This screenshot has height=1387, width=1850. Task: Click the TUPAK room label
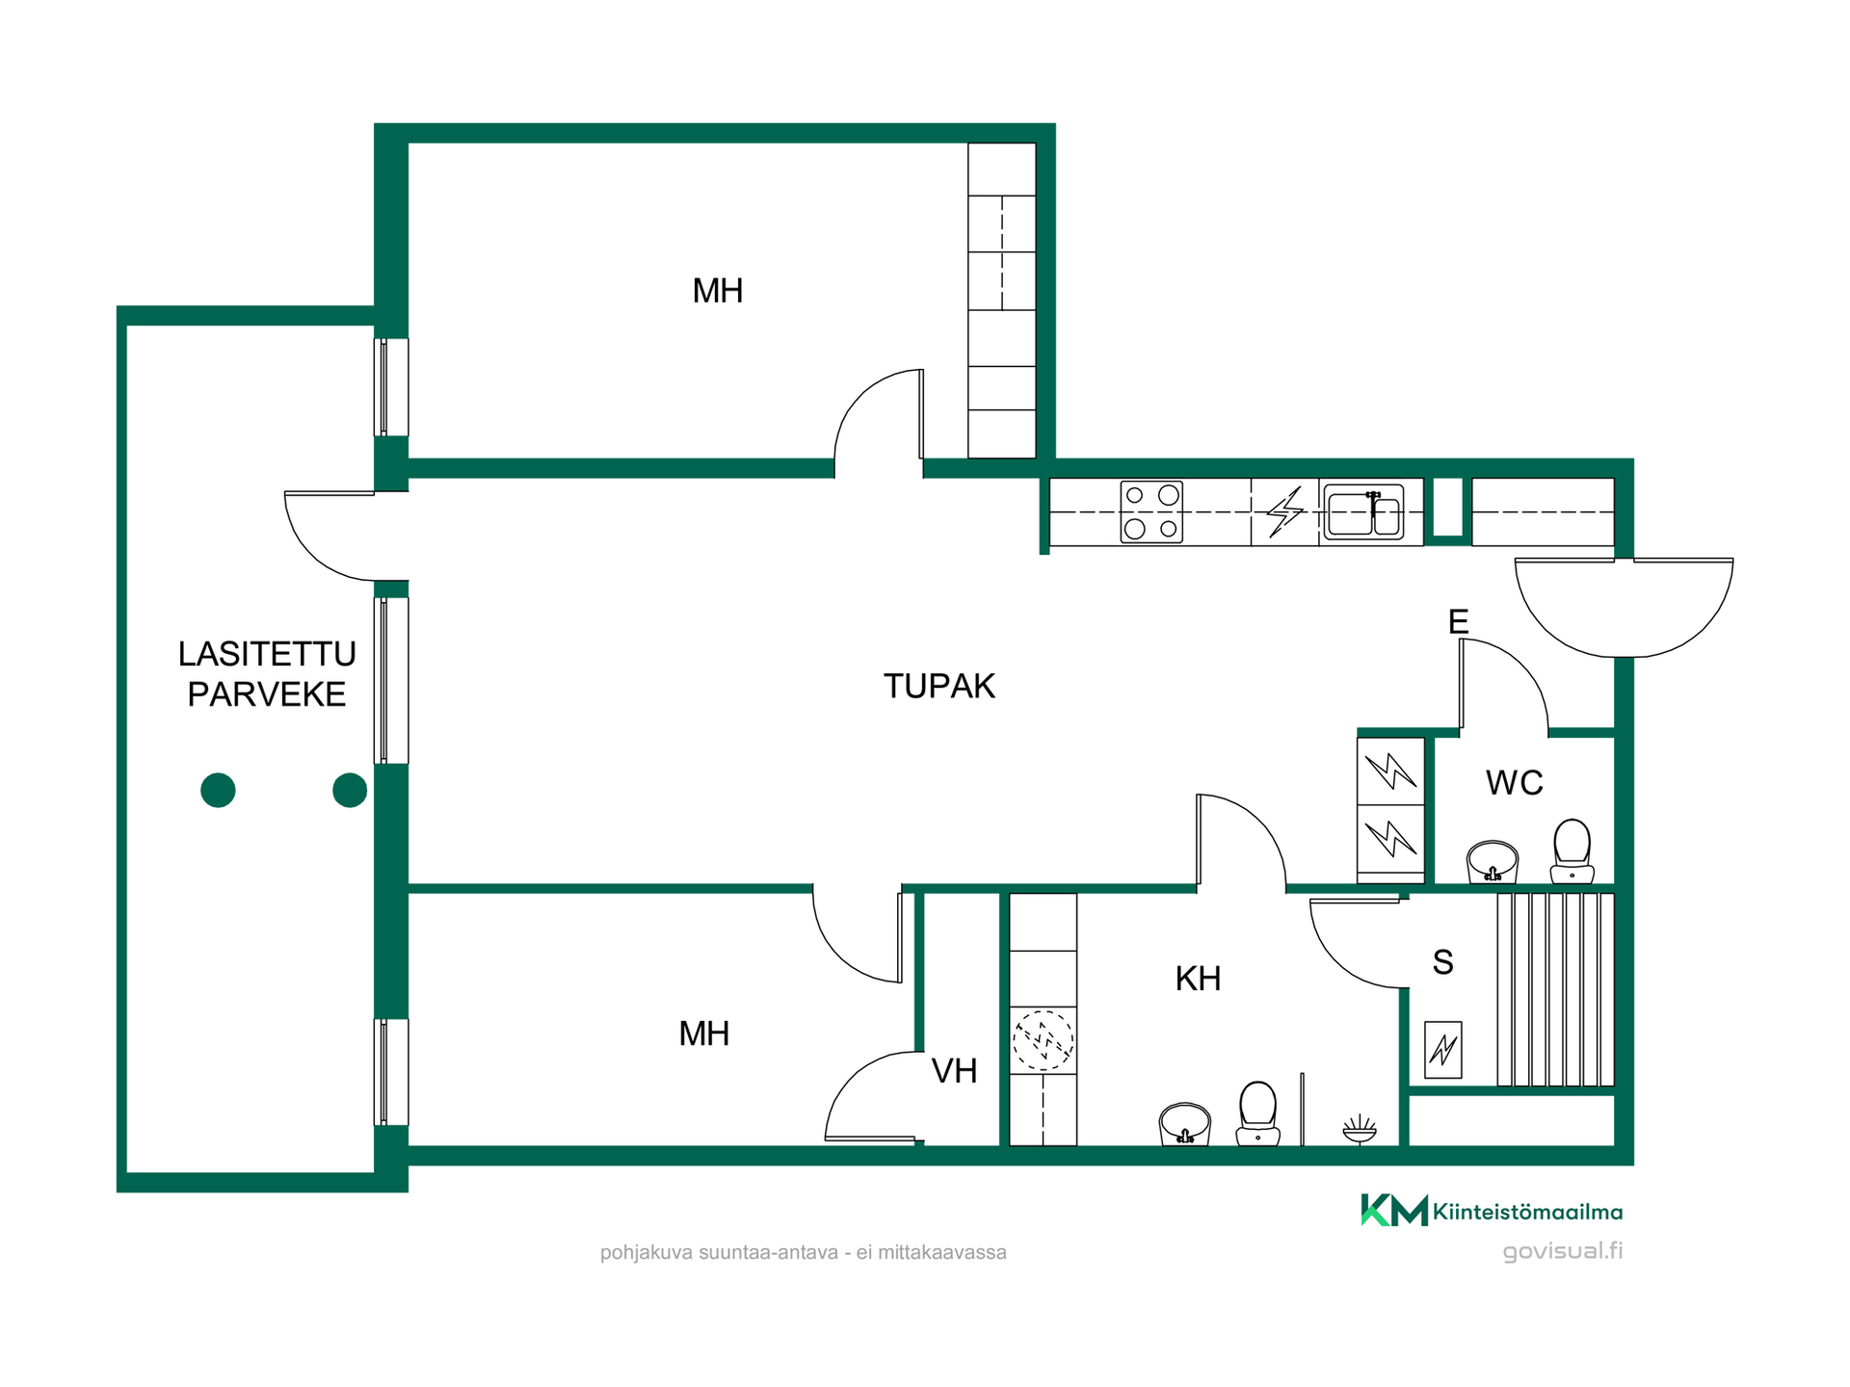point(939,686)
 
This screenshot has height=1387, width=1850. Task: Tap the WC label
point(1515,782)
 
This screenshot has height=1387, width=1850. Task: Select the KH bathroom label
point(1198,979)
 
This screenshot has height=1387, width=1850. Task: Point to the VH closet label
point(954,1071)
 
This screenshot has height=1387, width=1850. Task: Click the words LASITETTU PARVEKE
point(267,674)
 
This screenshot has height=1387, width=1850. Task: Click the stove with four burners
point(1151,512)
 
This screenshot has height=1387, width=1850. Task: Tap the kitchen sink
point(1363,511)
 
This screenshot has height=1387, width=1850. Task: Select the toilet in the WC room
point(1572,851)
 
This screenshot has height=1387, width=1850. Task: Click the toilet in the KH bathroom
point(1257,1113)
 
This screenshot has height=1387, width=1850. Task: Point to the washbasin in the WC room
point(1493,861)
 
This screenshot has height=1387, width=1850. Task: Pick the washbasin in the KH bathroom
point(1185,1124)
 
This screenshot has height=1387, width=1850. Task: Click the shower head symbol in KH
point(1360,1129)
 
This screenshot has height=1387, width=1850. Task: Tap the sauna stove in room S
point(1442,1049)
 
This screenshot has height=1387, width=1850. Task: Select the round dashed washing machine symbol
point(1043,1040)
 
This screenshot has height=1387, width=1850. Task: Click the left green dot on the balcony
point(218,790)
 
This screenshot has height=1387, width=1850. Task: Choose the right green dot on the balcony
point(350,790)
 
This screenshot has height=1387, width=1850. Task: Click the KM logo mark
point(1394,1210)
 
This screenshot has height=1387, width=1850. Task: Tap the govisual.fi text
point(1563,1251)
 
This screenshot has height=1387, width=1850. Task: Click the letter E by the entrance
point(1459,621)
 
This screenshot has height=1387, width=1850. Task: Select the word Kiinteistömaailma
point(1528,1212)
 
